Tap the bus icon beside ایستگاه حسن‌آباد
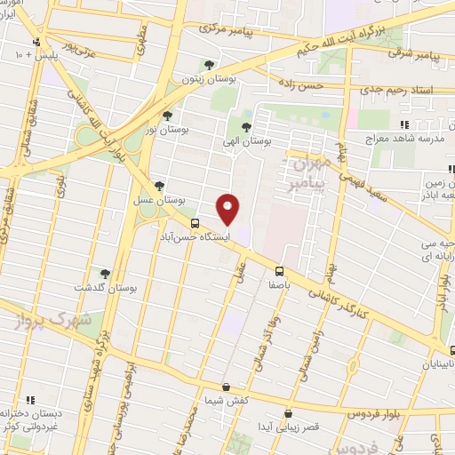tap(195, 224)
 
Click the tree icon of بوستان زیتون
tap(209, 65)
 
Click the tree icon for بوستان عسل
tap(159, 186)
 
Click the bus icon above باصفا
tap(279, 270)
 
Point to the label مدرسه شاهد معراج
tap(404, 140)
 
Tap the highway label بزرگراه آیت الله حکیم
tap(403, 19)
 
